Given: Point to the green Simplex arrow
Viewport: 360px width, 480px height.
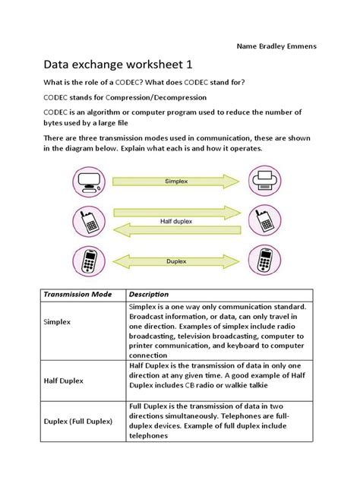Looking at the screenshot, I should click(176, 182).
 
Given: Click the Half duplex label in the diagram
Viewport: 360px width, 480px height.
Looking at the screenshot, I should click(176, 221).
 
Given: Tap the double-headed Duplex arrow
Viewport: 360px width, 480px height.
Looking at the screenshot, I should click(176, 261).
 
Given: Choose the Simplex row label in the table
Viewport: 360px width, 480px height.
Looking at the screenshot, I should click(56, 322).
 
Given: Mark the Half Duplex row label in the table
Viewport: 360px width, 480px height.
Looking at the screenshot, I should click(64, 380).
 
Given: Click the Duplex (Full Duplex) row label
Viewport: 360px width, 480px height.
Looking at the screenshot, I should click(78, 421).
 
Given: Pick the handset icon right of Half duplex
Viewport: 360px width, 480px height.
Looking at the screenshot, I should click(264, 221).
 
